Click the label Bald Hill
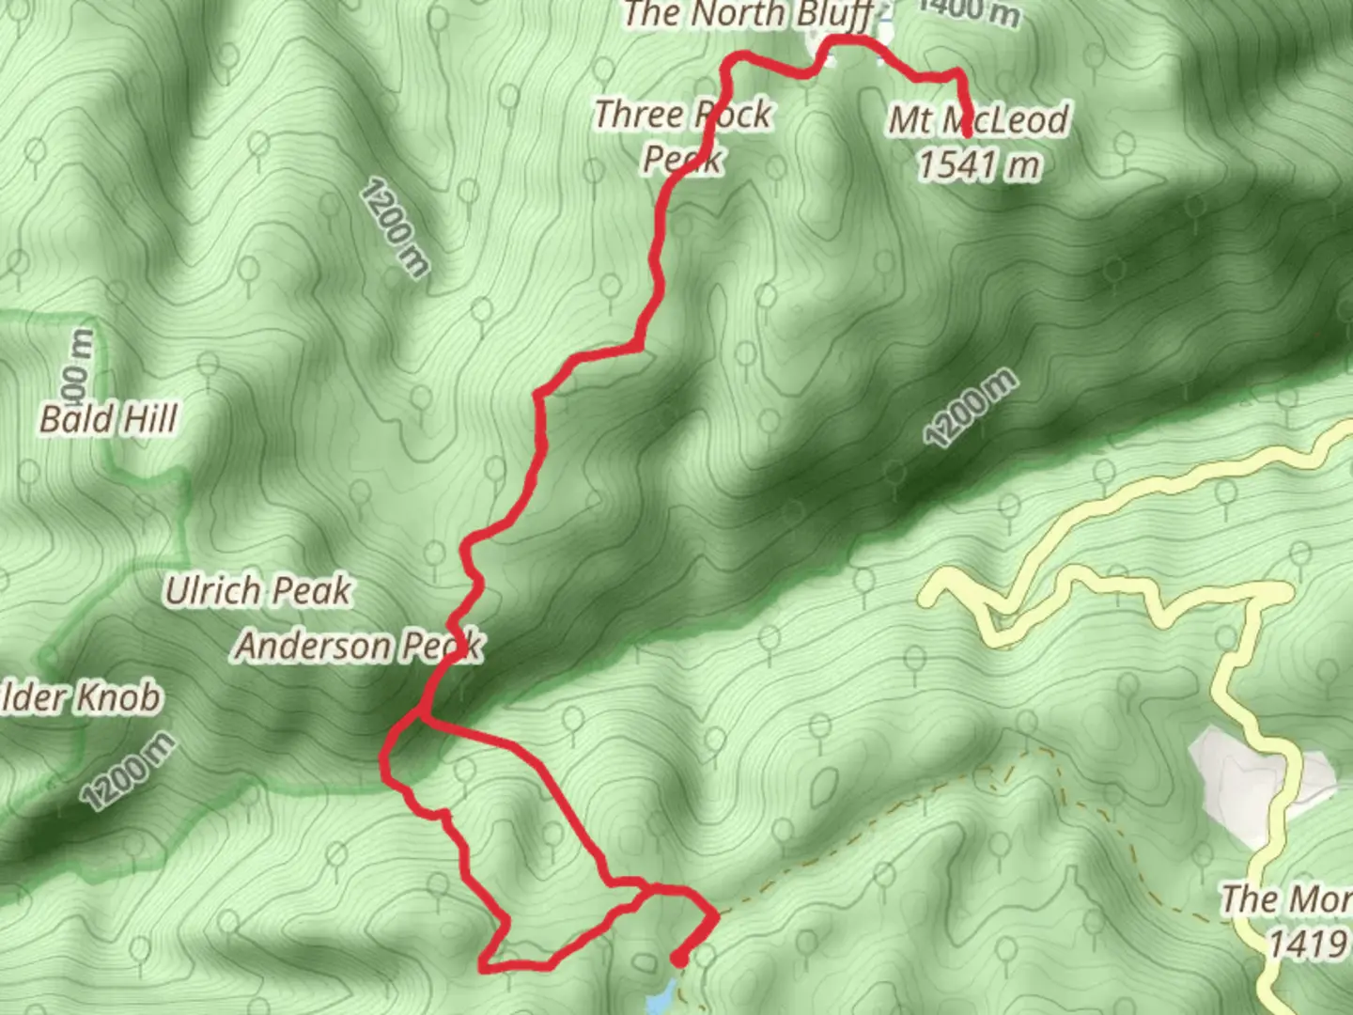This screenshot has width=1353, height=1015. pos(108,418)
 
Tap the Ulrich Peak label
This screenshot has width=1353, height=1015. pos(257,591)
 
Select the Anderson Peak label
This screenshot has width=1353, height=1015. pos(358,646)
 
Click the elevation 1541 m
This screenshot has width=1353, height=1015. pos(979,165)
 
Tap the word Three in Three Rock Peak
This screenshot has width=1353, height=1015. pos(639,115)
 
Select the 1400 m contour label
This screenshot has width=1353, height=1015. pos(968,11)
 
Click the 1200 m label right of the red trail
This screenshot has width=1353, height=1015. pos(971,409)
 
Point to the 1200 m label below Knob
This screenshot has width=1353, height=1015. pos(129,771)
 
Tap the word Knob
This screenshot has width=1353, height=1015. pos(118,698)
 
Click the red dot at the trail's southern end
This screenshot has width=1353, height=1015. pos(678,960)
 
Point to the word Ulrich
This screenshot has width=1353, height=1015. pos(212,591)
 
